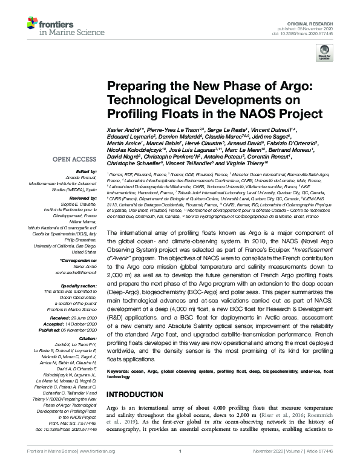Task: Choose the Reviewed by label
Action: [x=84, y=198]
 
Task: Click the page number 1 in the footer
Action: [x=180, y=467]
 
